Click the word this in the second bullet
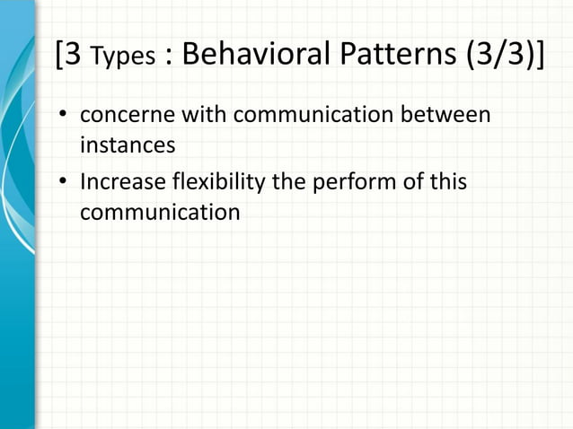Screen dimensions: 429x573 pyautogui.click(x=445, y=182)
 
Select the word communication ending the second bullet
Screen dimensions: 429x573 pyautogui.click(x=160, y=213)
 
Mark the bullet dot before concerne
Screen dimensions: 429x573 pyautogui.click(x=64, y=118)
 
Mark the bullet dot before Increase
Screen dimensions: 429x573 pyautogui.click(x=64, y=183)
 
